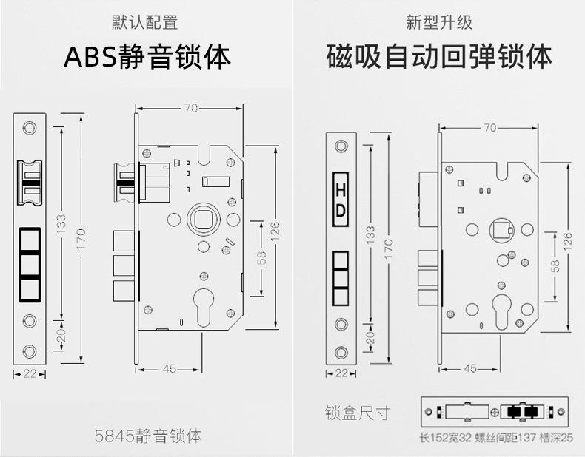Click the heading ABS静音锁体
click(147, 58)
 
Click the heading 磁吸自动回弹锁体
click(439, 58)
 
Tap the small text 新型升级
click(439, 22)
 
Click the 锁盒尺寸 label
click(357, 413)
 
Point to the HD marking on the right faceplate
click(341, 200)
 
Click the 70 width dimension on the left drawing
click(190, 109)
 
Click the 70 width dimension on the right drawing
click(489, 127)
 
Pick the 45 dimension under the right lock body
click(469, 368)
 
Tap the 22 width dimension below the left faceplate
click(30, 374)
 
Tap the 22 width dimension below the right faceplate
click(341, 373)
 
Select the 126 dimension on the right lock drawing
click(569, 240)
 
